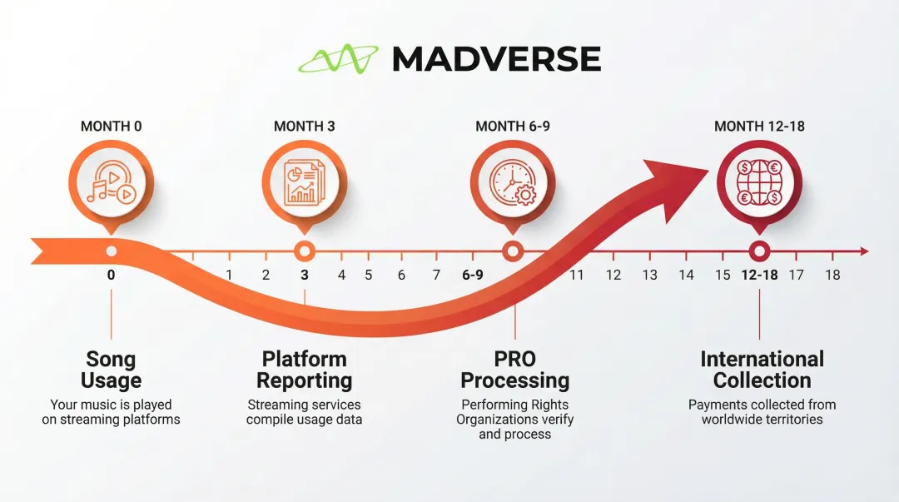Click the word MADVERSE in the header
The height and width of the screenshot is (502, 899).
496,59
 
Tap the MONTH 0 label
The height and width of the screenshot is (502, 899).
111,127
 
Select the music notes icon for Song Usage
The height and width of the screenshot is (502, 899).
112,183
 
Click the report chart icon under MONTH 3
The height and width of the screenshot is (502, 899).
305,183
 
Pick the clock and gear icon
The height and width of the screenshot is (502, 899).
513,183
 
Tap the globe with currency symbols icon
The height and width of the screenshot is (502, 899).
759,183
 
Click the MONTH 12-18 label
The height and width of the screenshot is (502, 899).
759,127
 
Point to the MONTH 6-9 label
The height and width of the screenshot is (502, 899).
513,127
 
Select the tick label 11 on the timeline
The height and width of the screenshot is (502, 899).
577,275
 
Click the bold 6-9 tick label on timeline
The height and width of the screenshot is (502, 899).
472,275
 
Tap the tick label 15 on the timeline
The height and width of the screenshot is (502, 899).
723,275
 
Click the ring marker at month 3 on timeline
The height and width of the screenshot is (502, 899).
305,251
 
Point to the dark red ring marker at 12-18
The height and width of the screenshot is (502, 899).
759,251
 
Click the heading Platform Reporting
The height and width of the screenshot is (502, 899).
305,370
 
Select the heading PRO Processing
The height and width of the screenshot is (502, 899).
514,370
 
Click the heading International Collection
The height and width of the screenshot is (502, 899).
762,370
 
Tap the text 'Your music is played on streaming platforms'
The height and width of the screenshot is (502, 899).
111,412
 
